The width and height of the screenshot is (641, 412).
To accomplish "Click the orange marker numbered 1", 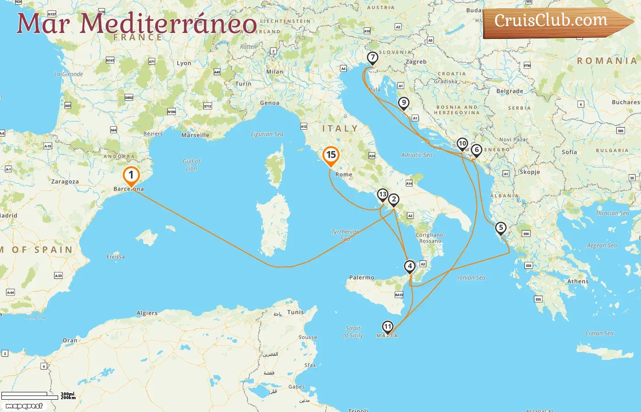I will pyautogui.click(x=131, y=175).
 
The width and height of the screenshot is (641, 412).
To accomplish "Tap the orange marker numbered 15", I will pyautogui.click(x=331, y=155).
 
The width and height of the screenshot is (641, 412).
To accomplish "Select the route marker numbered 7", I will pyautogui.click(x=373, y=58).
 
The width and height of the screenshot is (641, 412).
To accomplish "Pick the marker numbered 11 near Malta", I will pyautogui.click(x=387, y=326).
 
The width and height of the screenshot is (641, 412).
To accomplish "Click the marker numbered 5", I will pyautogui.click(x=501, y=228).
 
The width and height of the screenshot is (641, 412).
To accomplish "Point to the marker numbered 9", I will pyautogui.click(x=403, y=103).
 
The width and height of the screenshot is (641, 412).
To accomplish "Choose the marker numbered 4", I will pyautogui.click(x=410, y=266).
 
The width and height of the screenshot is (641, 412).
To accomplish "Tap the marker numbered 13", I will pyautogui.click(x=382, y=195).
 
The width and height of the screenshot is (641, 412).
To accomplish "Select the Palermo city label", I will pyautogui.click(x=362, y=277).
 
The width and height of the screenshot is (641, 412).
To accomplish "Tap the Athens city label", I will pyautogui.click(x=578, y=282).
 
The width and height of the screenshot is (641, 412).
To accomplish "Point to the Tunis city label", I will pyautogui.click(x=295, y=312).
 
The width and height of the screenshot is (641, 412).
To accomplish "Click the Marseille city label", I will pyautogui.click(x=195, y=135).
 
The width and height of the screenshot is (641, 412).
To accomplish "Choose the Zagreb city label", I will pyautogui.click(x=416, y=62).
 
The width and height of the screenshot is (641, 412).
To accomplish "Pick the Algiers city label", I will pyautogui.click(x=147, y=313).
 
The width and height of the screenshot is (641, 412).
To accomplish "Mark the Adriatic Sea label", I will pyautogui.click(x=417, y=155).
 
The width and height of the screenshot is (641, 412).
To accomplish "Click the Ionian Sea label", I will pyautogui.click(x=472, y=277).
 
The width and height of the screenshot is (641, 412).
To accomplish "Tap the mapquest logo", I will pyautogui.click(x=24, y=406).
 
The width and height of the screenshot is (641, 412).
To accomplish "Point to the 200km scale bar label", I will pyautogui.click(x=68, y=398).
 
